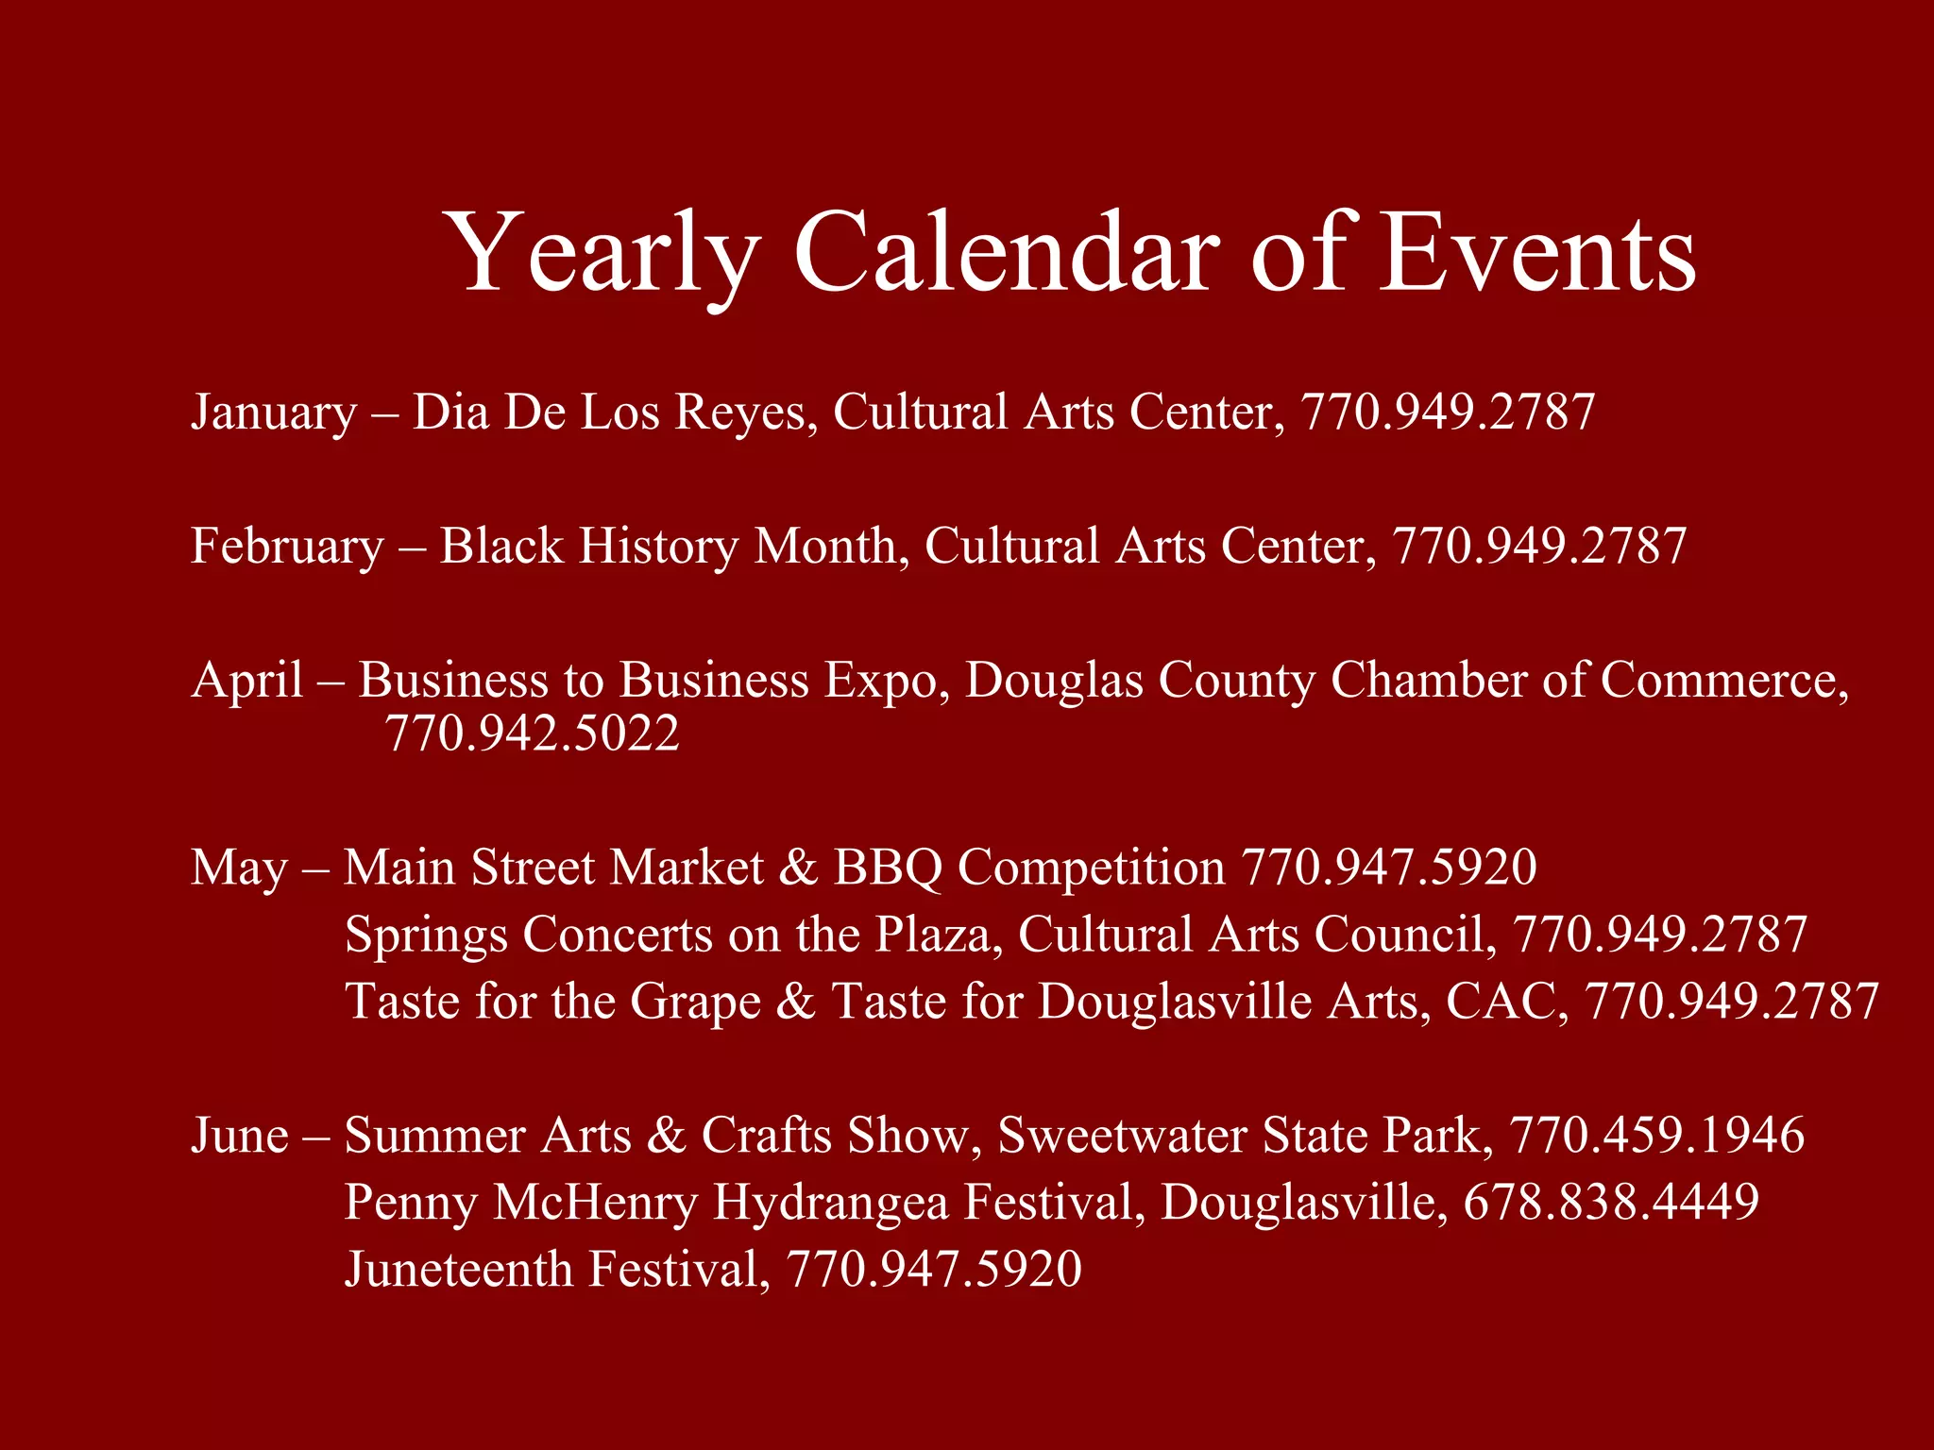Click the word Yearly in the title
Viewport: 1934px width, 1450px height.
pyautogui.click(x=602, y=253)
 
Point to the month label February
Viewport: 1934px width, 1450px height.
pyautogui.click(x=287, y=547)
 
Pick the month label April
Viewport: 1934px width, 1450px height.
pyautogui.click(x=247, y=681)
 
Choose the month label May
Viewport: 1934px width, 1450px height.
pyautogui.click(x=239, y=868)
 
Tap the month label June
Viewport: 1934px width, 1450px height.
pyautogui.click(x=240, y=1135)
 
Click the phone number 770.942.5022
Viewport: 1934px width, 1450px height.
pyautogui.click(x=533, y=733)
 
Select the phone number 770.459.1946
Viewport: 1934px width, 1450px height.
pyautogui.click(x=1656, y=1135)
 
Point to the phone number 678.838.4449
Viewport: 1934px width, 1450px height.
pyautogui.click(x=1611, y=1202)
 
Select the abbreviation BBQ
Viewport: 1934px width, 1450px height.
pyautogui.click(x=888, y=868)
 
